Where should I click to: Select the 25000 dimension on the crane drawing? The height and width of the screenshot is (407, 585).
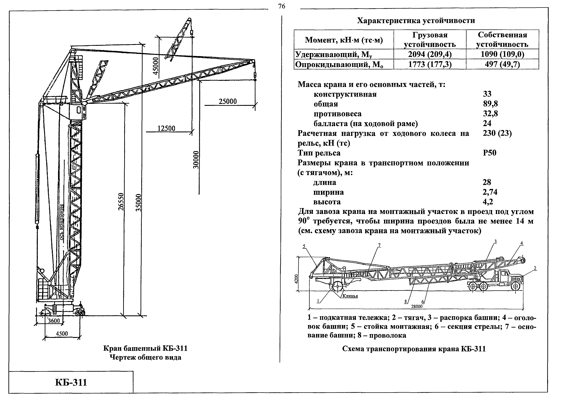click(x=228, y=101)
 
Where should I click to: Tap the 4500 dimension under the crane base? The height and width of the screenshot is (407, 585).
click(x=62, y=333)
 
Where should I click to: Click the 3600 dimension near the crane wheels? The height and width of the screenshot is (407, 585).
click(x=54, y=321)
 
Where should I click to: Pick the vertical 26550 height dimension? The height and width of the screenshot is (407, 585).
click(x=121, y=202)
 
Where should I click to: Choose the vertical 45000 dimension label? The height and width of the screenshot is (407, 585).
click(x=156, y=66)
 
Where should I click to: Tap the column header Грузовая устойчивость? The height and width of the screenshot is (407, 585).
click(x=430, y=40)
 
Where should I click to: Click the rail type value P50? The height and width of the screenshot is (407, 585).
click(x=489, y=153)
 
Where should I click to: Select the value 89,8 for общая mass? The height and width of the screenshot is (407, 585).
click(x=490, y=104)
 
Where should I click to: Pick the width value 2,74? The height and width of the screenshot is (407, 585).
click(x=490, y=192)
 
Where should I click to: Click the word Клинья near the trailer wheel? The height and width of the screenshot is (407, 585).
click(x=350, y=296)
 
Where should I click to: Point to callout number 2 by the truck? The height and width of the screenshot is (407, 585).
click(x=535, y=268)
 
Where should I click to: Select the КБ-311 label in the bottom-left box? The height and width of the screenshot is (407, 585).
click(x=71, y=382)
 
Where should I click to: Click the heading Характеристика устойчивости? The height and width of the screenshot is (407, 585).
click(x=416, y=20)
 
